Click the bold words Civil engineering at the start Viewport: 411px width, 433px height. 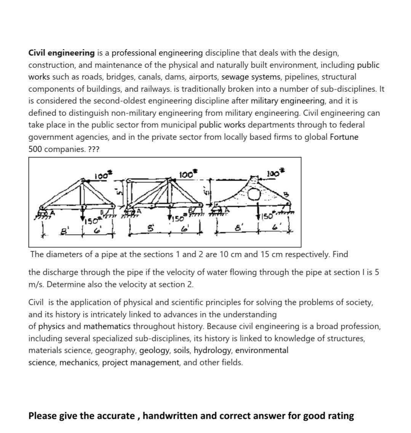coord(61,53)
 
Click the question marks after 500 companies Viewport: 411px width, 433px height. coord(93,149)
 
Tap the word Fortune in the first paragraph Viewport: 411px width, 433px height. coord(344,137)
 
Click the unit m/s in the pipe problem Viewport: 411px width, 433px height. coord(37,284)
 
